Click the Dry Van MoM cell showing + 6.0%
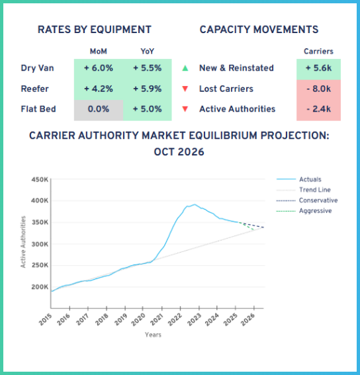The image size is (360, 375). [x=98, y=67]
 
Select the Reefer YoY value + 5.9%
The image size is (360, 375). [x=147, y=89]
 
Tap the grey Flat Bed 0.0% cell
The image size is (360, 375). [x=98, y=109]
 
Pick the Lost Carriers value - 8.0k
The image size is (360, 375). [x=318, y=89]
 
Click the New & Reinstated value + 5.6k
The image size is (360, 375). [x=318, y=67]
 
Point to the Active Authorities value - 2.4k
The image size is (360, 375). [x=318, y=109]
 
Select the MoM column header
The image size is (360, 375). [x=98, y=51]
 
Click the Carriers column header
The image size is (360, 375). [x=318, y=51]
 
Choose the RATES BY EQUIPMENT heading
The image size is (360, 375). [x=94, y=30]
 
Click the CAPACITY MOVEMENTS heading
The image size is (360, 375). [x=259, y=30]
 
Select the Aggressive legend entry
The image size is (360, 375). [x=315, y=210]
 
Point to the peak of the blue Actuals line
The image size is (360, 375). [x=194, y=205]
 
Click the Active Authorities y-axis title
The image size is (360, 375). [x=24, y=241]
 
